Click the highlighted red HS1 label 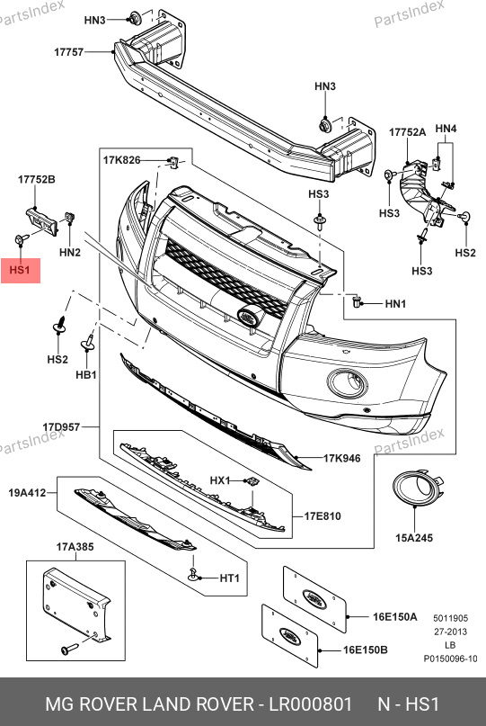[21, 271]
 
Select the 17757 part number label [69, 52]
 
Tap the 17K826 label [121, 160]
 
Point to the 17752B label [37, 179]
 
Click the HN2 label [70, 252]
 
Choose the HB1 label [86, 374]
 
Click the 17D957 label [61, 427]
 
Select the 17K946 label [341, 459]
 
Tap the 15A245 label [414, 538]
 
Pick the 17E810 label [323, 515]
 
